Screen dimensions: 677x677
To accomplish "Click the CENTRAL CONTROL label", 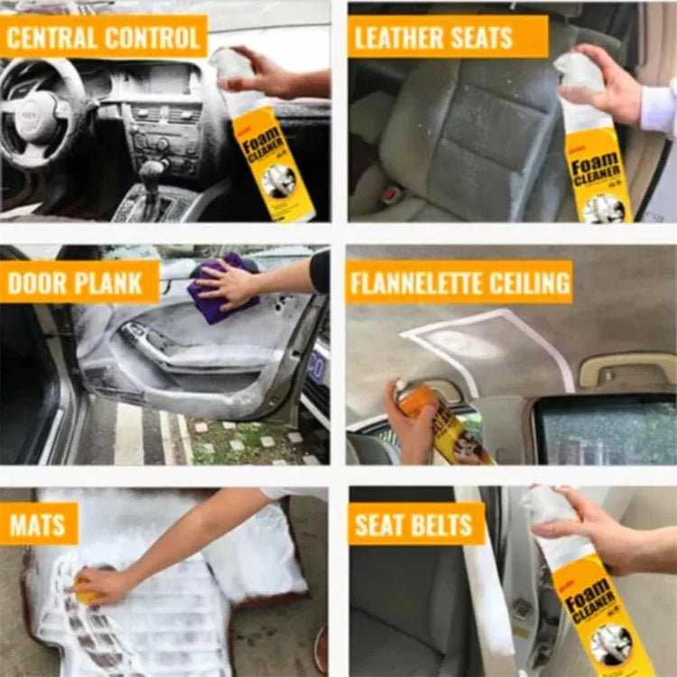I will click(x=104, y=37).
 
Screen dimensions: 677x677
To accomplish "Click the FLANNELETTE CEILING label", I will click(x=459, y=283).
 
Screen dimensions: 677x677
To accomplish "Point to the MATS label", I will click(x=39, y=524).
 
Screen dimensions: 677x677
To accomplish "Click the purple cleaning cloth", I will click(x=217, y=289).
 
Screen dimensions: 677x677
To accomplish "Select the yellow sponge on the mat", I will click(x=86, y=591).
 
